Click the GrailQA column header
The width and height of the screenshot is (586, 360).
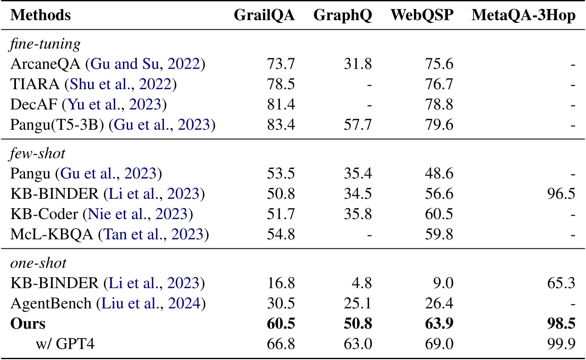coord(264,15)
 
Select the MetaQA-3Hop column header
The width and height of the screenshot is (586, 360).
coord(523,15)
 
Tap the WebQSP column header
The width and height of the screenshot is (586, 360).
coord(422,15)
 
